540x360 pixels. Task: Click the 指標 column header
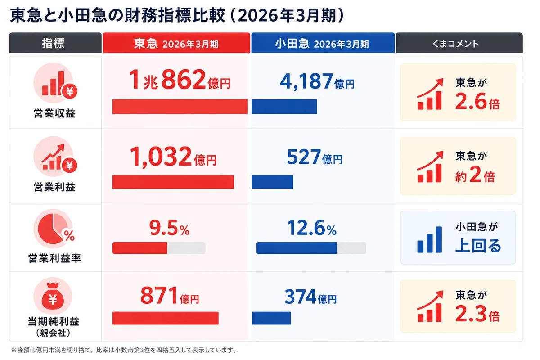[x=55, y=43]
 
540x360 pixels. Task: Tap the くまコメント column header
[x=459, y=43]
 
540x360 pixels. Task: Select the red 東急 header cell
[x=176, y=43]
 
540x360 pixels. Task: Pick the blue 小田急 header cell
[x=323, y=43]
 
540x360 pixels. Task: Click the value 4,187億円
[x=317, y=81]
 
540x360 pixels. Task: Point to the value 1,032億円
[x=173, y=157]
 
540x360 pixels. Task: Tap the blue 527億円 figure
[x=315, y=157]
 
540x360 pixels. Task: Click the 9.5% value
[x=169, y=228]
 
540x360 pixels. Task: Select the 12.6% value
[x=312, y=228]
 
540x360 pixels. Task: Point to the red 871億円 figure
[x=170, y=296]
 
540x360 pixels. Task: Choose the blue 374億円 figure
[x=310, y=297]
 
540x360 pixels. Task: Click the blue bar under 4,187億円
[x=284, y=107]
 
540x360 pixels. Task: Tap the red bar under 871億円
[x=166, y=318]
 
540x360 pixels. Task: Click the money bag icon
[x=53, y=297]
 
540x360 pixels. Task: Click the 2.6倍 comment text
[x=477, y=102]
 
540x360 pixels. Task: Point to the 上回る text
[x=478, y=246]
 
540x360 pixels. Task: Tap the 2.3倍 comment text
[x=477, y=314]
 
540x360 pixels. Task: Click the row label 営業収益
[x=54, y=113]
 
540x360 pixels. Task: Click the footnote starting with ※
[x=125, y=350]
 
